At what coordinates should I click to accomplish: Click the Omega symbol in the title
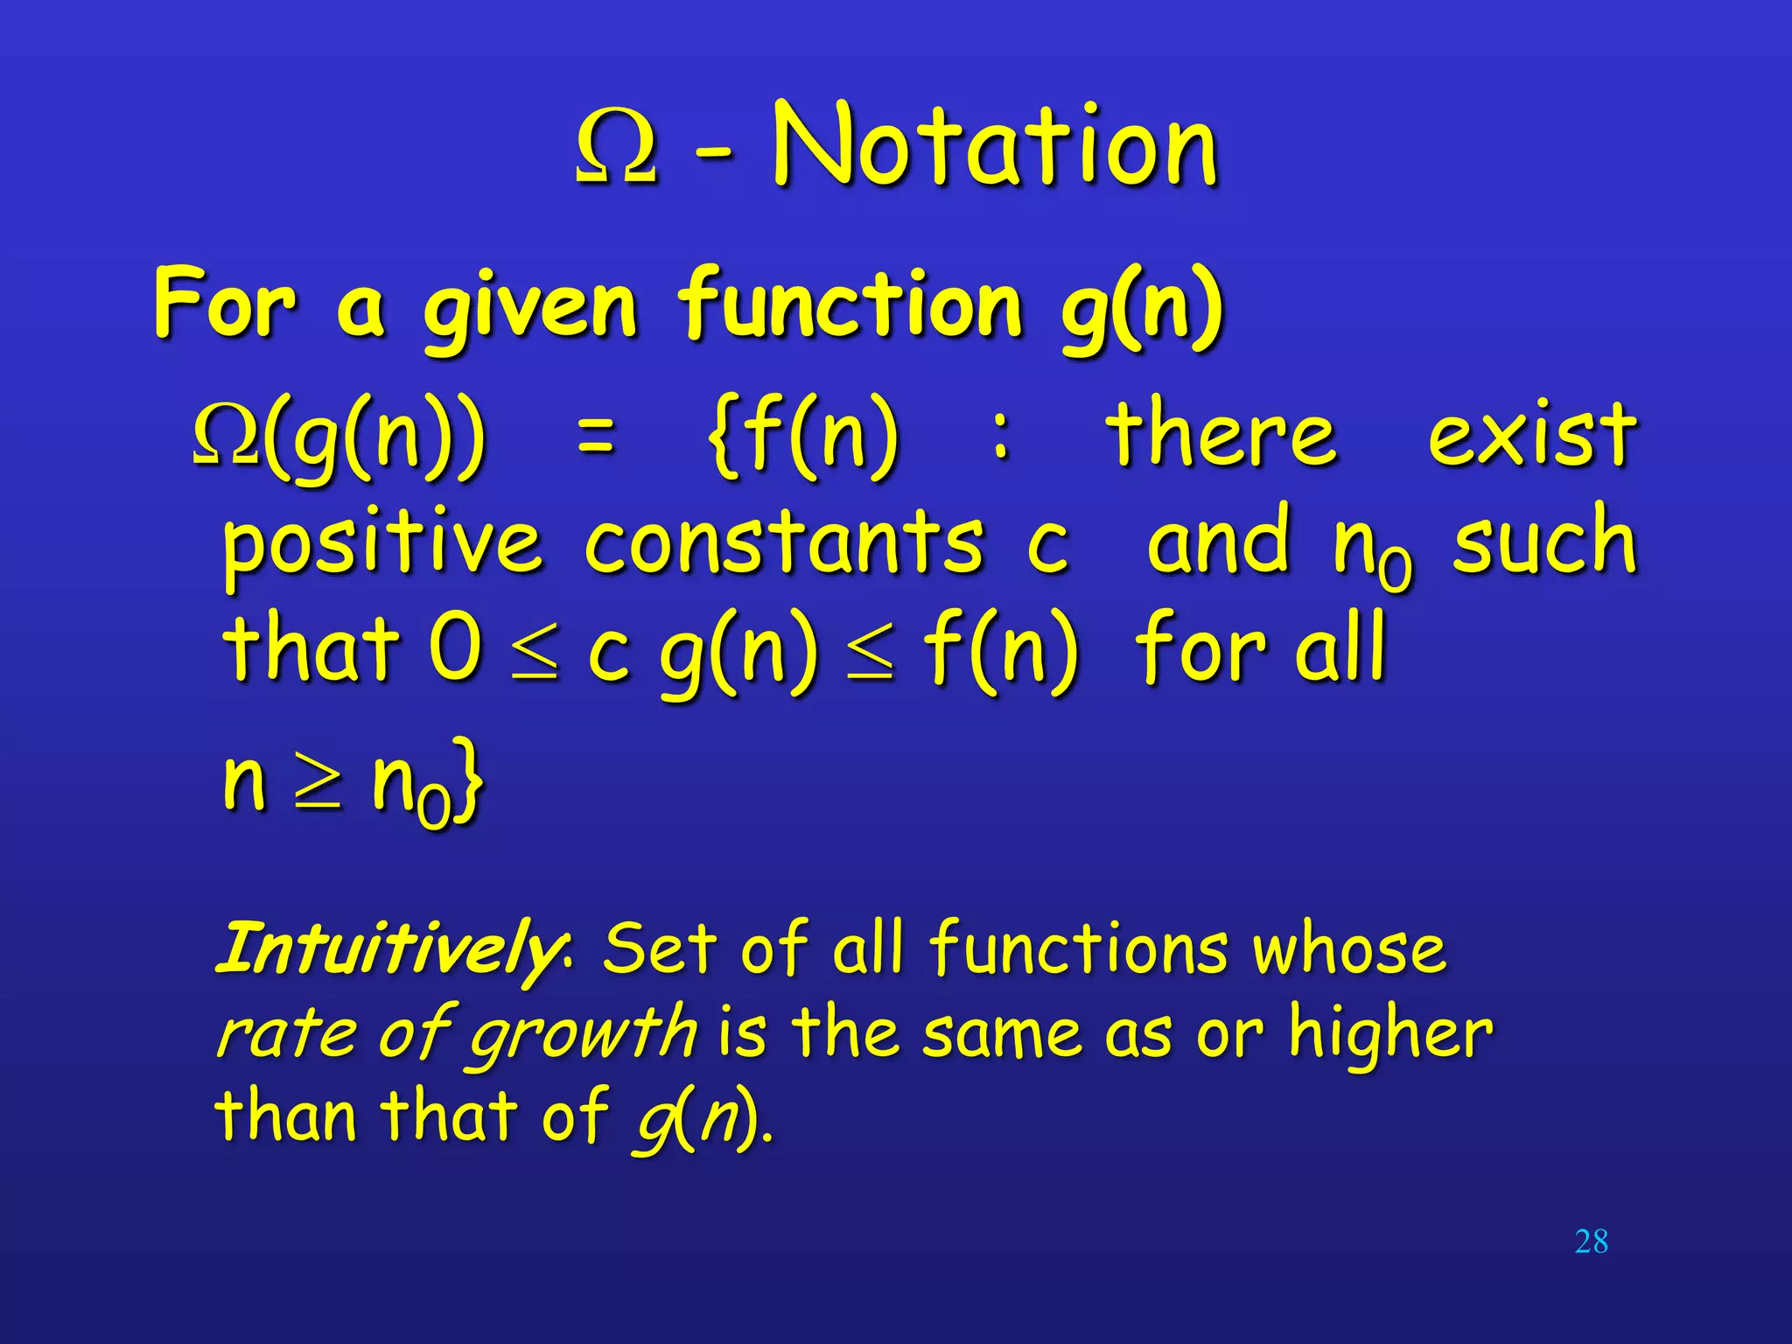616,149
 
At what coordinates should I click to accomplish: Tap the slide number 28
1591,1242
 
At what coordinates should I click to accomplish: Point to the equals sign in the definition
597,435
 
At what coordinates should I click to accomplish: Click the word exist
1531,435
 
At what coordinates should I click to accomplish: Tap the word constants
784,542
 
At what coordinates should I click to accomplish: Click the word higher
1390,1032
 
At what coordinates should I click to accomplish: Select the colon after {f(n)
1002,435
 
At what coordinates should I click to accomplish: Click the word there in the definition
1221,435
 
